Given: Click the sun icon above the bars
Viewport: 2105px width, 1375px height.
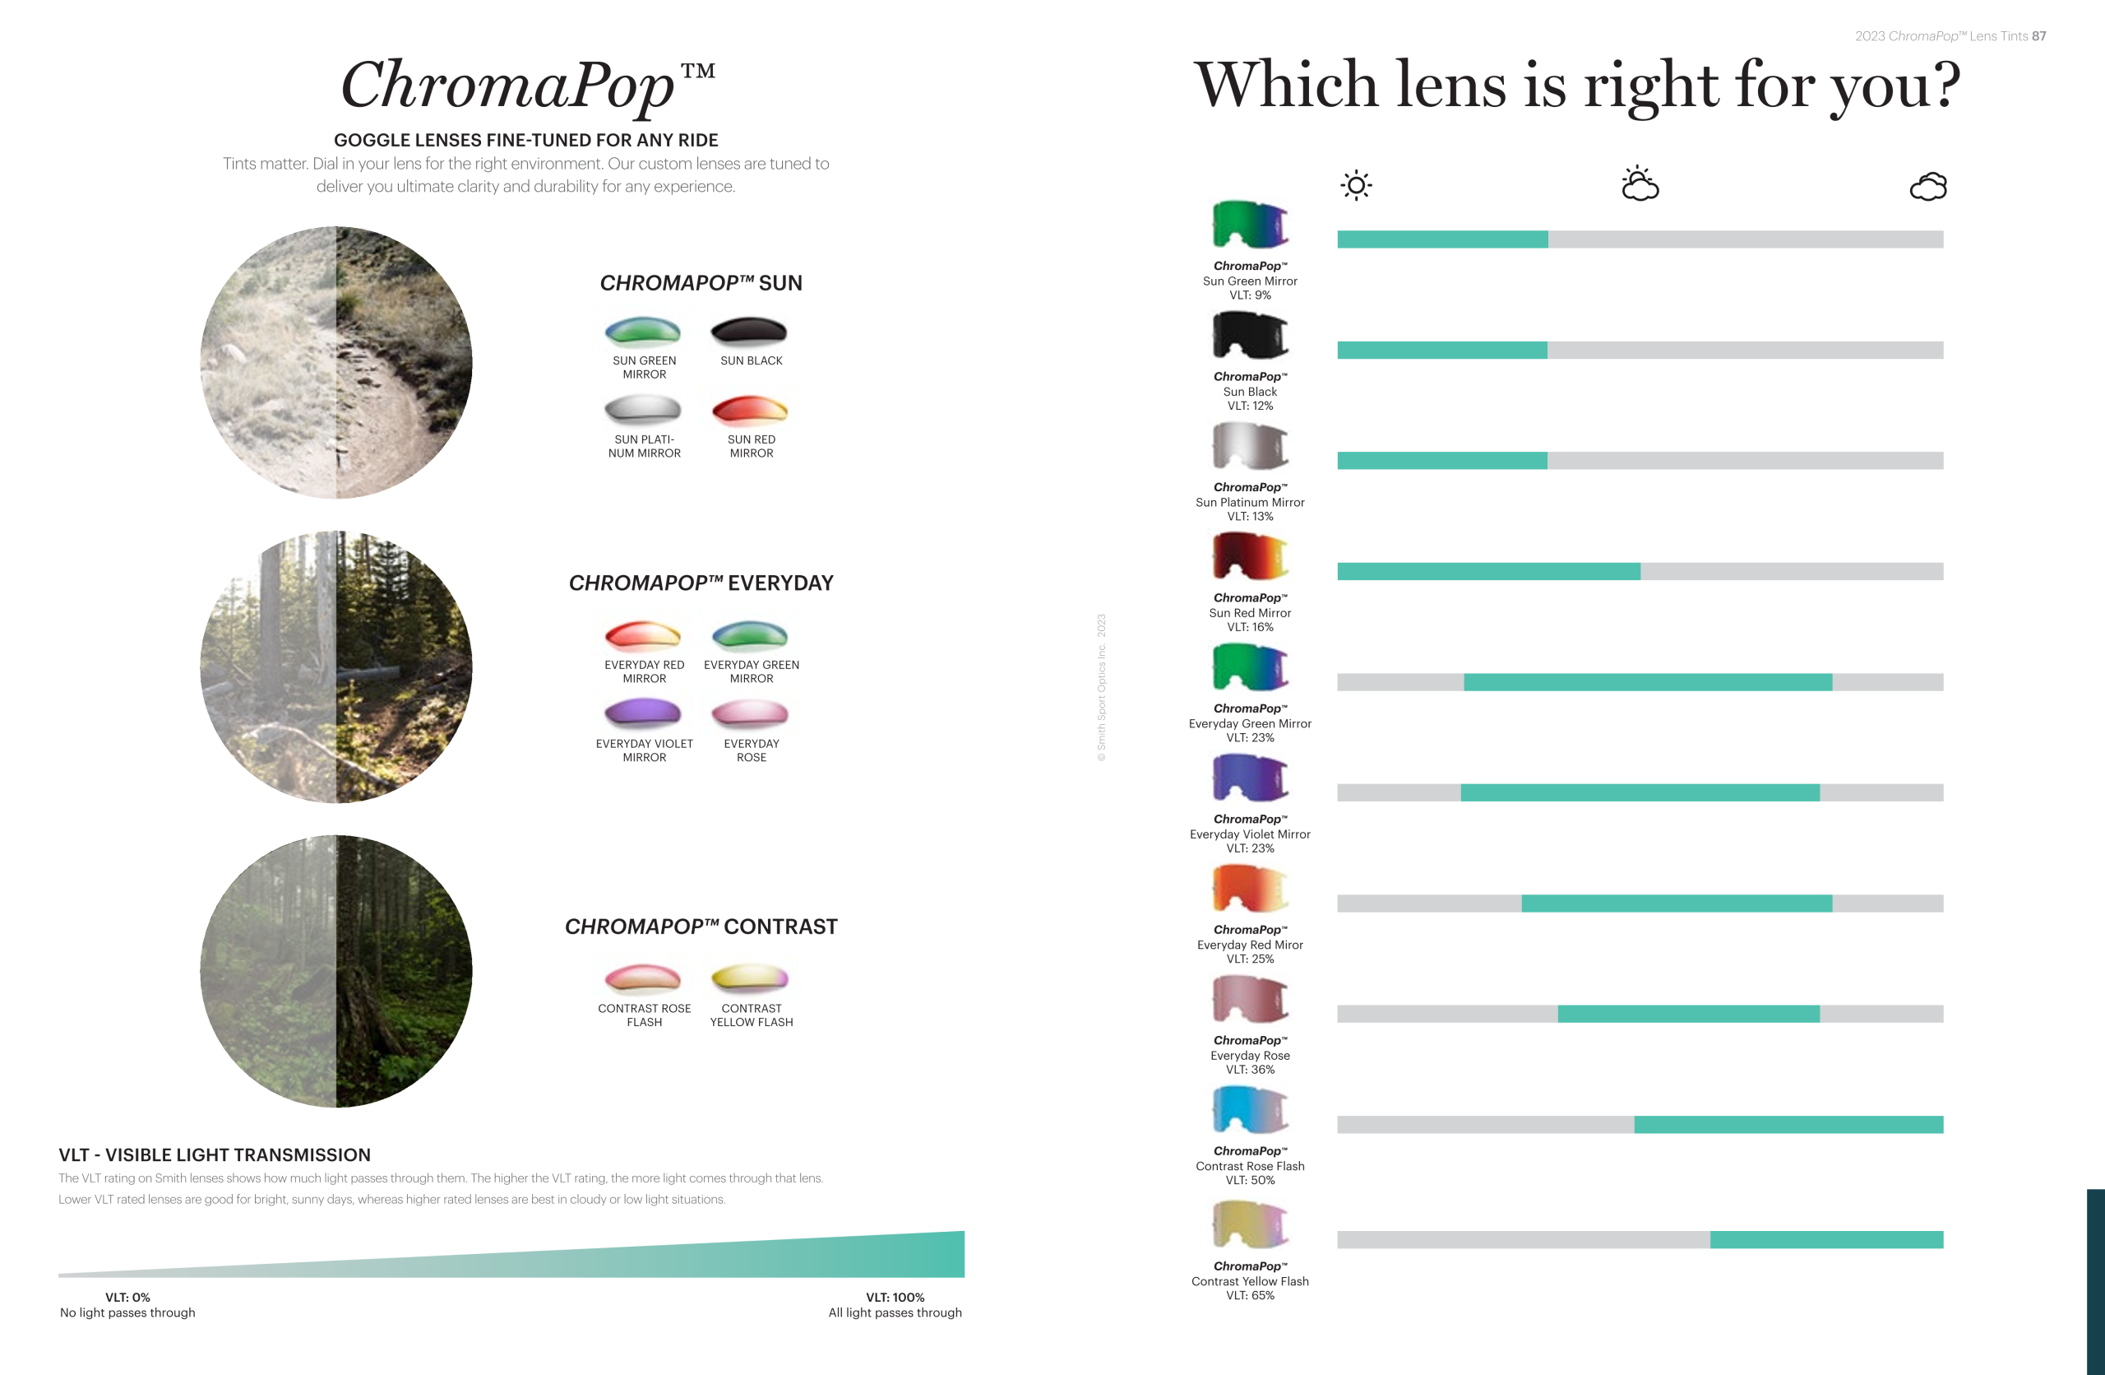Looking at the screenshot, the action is point(1356,185).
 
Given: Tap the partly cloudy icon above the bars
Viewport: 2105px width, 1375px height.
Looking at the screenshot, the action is point(1640,183).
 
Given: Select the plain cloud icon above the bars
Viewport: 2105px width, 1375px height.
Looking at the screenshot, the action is point(1928,187).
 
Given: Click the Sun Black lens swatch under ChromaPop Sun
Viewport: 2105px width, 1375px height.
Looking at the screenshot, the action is point(749,331).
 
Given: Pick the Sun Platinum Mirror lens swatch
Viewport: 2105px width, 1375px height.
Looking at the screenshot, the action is point(643,409).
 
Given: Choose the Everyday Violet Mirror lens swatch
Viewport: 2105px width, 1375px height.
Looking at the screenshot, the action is point(643,713).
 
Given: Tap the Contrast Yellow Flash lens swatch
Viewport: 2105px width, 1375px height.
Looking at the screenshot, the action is point(749,978).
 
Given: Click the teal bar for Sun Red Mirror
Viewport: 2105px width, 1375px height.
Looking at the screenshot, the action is point(1488,572).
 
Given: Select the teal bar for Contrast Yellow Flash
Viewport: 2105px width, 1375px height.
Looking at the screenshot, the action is point(1826,1239).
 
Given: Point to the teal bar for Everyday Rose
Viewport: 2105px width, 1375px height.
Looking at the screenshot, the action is point(1688,1014).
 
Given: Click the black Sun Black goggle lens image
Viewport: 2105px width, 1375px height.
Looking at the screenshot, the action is point(1250,336).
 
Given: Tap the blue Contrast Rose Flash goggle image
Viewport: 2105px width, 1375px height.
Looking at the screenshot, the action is point(1250,1109).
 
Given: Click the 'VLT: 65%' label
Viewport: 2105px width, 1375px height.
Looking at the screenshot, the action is point(1250,1295).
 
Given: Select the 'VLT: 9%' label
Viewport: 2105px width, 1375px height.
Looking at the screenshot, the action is point(1250,295).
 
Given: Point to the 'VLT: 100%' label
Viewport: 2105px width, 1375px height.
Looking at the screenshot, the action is point(895,1297).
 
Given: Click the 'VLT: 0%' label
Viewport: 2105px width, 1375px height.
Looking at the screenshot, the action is point(127,1297).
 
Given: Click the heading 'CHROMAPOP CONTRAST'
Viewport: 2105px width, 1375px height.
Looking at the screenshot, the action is point(701,927).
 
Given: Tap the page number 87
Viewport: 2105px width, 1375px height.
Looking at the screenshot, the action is point(2038,36).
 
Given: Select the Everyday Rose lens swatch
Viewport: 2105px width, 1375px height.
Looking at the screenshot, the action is point(749,713).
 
